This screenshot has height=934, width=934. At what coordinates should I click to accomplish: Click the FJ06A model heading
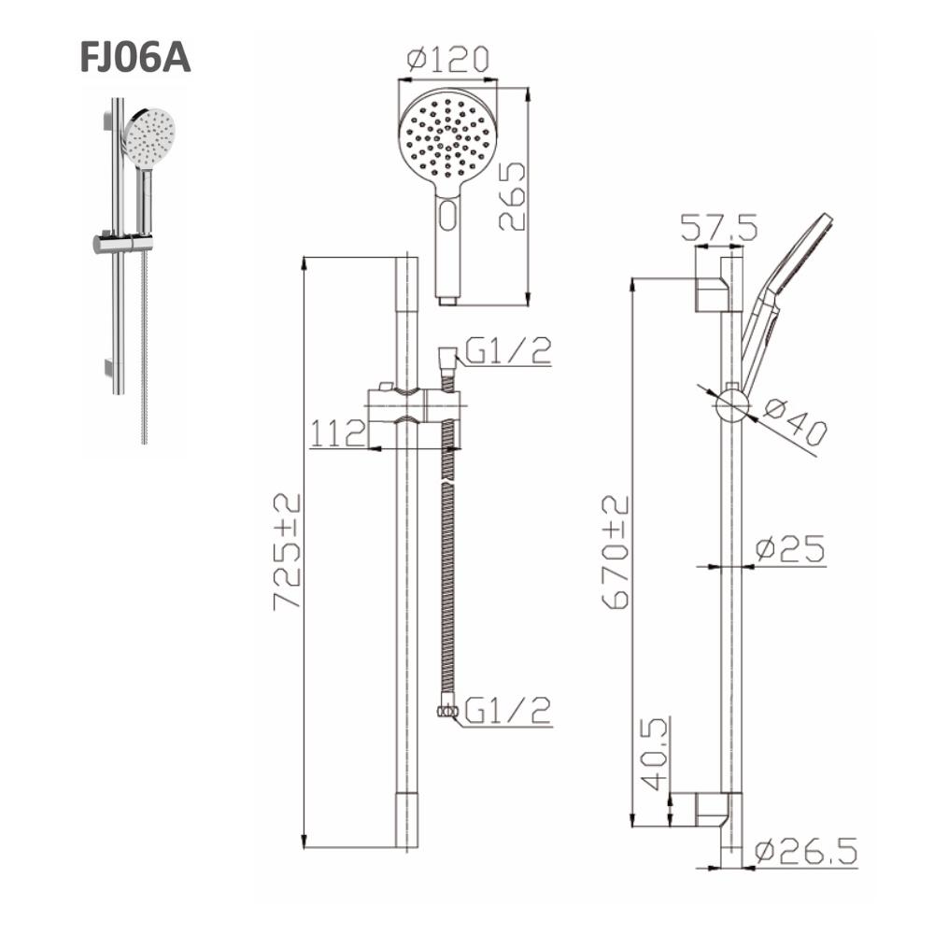coord(135,57)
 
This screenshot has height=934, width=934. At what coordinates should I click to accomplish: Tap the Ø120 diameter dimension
coord(448,58)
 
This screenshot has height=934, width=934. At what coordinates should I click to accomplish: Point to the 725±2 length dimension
coord(287,551)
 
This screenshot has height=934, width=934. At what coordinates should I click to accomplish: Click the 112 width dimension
coord(337,433)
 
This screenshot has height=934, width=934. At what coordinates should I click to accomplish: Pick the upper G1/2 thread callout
coord(508,350)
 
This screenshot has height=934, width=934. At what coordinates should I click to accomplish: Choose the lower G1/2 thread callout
coord(508,710)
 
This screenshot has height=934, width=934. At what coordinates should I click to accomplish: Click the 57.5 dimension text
coord(719,227)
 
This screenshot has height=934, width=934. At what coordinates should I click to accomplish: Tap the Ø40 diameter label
coord(796,422)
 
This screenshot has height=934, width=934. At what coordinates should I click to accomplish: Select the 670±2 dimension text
coord(616,552)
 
